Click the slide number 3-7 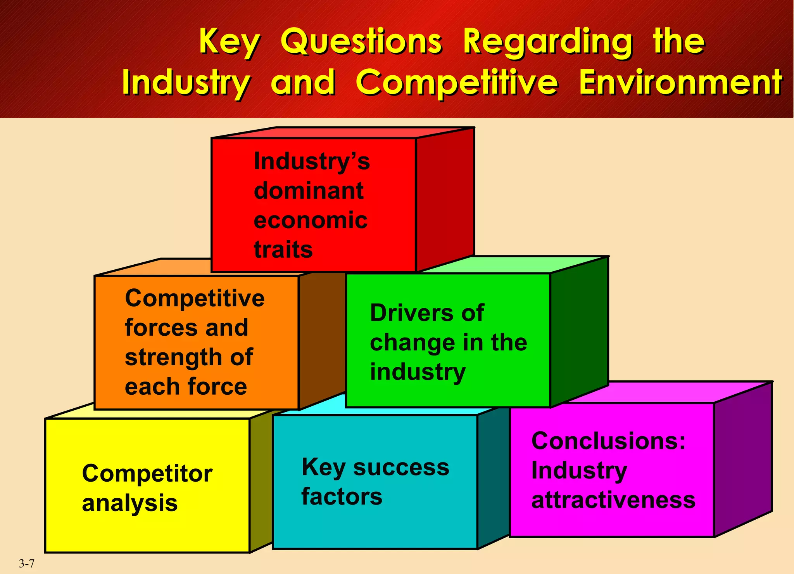pos(27,564)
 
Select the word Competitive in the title pos(457,83)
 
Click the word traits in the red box pos(283,250)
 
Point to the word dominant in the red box pos(309,191)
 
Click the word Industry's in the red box pos(312,161)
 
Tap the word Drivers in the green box pos(412,313)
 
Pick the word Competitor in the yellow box pos(147,474)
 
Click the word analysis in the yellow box pos(130,503)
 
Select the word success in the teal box pos(401,467)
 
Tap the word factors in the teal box pos(342,497)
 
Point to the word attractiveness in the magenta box pos(613,500)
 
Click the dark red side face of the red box pos(445,198)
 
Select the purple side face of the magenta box pos(743,458)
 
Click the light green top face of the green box pos(516,265)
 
